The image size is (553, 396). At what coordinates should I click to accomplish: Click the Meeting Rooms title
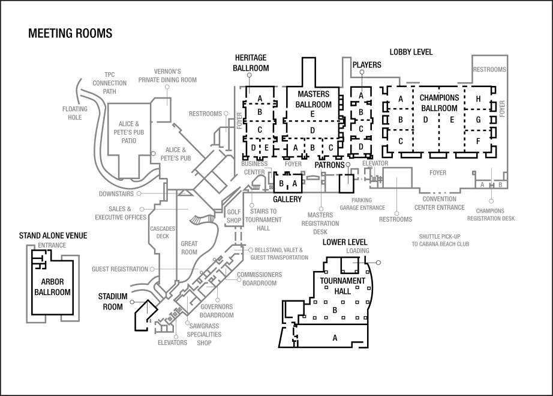[x=70, y=34]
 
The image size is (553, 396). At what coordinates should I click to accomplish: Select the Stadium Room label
[x=113, y=301]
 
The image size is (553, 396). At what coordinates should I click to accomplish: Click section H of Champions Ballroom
[x=478, y=99]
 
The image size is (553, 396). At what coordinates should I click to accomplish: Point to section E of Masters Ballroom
[x=312, y=114]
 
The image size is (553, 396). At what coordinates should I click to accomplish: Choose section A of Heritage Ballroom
[x=260, y=98]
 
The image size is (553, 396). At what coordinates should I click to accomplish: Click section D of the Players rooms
[x=360, y=146]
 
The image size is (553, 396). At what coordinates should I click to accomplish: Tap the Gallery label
[x=287, y=199]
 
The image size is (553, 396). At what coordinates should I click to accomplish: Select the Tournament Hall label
[x=342, y=285]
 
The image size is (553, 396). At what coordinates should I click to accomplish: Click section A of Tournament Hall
[x=335, y=338]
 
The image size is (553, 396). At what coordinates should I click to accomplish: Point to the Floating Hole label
[x=74, y=113]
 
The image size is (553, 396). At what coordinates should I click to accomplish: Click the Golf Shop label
[x=233, y=216]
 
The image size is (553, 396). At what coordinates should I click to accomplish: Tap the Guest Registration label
[x=119, y=269]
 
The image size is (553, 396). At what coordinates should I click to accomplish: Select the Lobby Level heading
[x=411, y=52]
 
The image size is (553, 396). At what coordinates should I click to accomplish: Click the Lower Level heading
[x=344, y=242]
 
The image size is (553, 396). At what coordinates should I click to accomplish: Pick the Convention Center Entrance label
[x=439, y=203]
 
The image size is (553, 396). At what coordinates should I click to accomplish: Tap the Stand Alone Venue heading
[x=53, y=236]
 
